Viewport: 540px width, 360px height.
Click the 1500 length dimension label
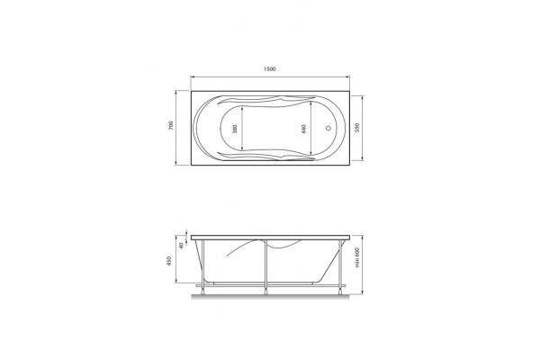(270, 69)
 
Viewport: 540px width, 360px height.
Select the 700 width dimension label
(171, 125)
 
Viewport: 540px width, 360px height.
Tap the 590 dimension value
(356, 127)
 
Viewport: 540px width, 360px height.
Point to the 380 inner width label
(235, 129)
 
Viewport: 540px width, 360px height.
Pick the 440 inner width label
(303, 130)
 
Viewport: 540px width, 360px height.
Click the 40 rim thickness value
(182, 246)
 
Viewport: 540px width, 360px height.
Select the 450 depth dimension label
(169, 261)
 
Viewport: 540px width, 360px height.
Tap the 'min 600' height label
(357, 257)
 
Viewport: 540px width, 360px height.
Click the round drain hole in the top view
(328, 128)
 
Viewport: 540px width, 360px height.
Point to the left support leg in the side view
(202, 267)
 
